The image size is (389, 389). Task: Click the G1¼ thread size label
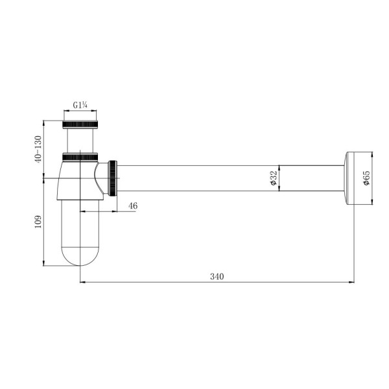80,106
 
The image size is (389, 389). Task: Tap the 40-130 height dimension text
38,149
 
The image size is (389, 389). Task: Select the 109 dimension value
38,222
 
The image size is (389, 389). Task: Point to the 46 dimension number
133,206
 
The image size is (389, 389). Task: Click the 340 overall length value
217,276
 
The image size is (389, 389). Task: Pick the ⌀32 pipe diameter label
273,178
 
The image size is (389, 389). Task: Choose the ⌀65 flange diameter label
366,178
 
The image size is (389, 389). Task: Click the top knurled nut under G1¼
80,124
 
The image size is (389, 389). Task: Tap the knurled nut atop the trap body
80,157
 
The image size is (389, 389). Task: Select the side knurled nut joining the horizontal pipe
112,178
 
